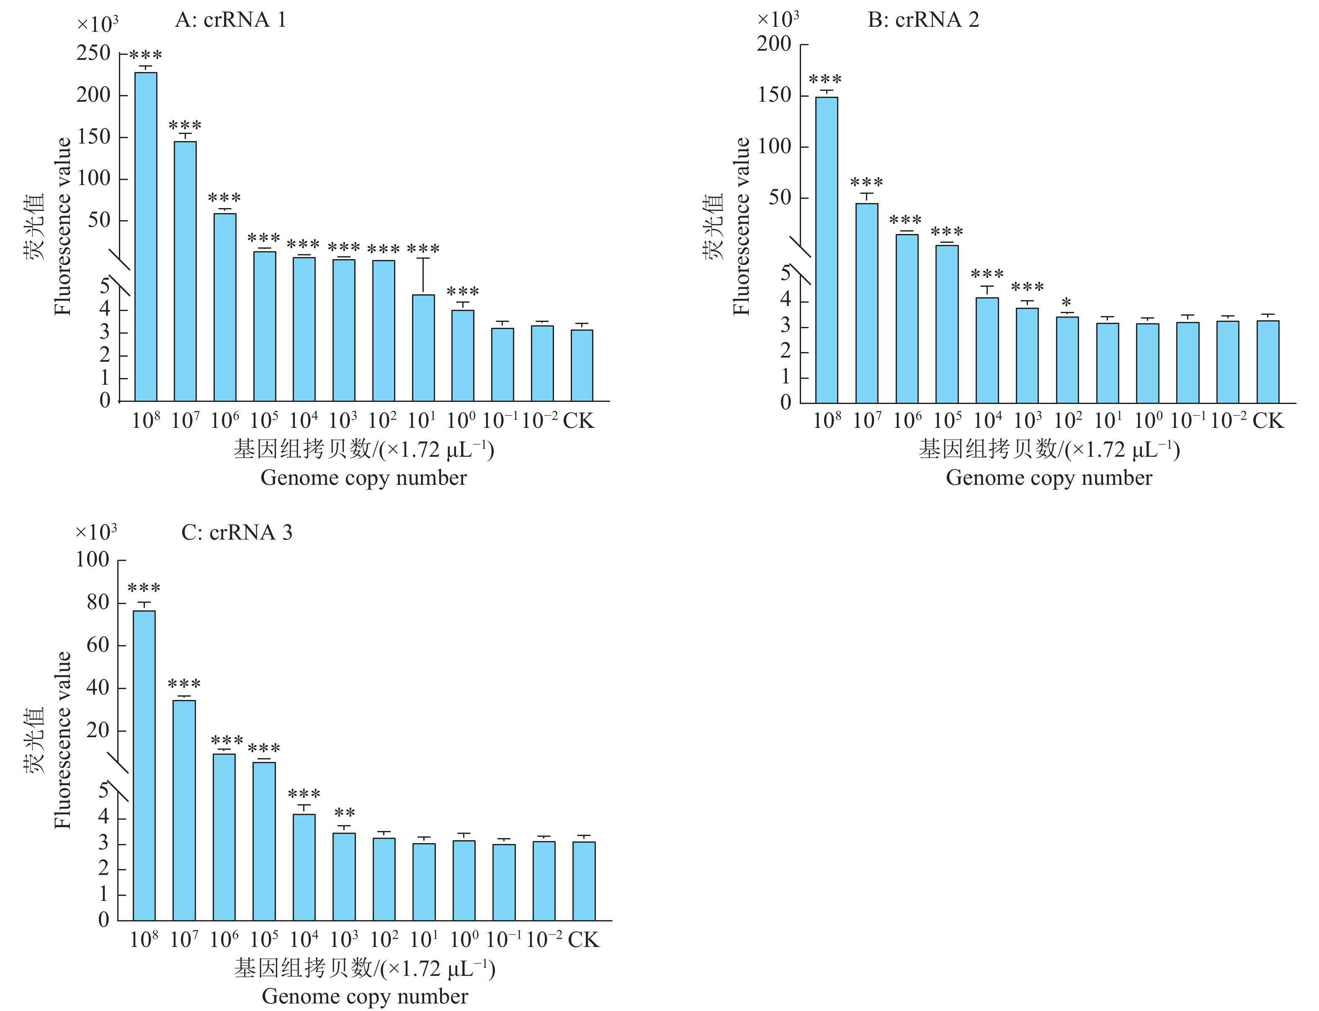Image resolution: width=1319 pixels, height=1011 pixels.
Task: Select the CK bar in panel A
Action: [x=582, y=365]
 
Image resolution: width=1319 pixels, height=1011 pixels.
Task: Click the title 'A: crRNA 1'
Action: [x=231, y=21]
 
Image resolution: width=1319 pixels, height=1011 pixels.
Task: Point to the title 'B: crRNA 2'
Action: [x=923, y=21]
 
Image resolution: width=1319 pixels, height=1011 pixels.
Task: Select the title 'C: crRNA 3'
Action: [x=237, y=533]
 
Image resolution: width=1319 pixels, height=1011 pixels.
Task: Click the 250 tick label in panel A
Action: [x=93, y=54]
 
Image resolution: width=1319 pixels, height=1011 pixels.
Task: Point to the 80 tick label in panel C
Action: [x=98, y=602]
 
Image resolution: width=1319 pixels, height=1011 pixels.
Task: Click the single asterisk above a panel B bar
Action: [x=1066, y=303]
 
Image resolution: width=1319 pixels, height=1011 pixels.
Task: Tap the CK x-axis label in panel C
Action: [x=583, y=939]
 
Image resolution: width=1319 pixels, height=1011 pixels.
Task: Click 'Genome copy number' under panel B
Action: [x=1049, y=478]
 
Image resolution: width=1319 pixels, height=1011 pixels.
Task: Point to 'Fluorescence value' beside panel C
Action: [x=63, y=740]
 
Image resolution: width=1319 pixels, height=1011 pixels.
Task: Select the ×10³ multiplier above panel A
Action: [x=97, y=25]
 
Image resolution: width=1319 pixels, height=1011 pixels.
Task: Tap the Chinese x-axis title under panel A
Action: [x=363, y=450]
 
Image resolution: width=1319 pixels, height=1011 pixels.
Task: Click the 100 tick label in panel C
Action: [x=92, y=560]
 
